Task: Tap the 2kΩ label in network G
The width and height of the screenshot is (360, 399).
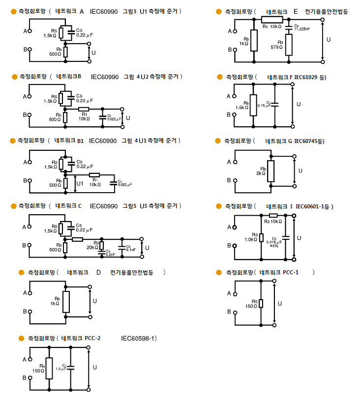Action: [261, 173]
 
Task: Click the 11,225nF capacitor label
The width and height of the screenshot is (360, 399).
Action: [301, 29]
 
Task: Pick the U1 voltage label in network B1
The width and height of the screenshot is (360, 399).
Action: [80, 184]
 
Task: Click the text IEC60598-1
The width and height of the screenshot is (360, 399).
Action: [139, 338]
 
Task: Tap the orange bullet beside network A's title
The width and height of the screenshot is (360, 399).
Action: [13, 11]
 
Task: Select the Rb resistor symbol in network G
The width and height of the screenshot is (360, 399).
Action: [270, 171]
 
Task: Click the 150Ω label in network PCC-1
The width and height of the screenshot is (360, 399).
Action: [251, 306]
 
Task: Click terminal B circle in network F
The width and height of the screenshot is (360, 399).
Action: [235, 114]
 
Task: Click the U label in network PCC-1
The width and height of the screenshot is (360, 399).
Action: [280, 304]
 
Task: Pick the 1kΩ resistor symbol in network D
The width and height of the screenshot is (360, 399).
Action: [66, 301]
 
